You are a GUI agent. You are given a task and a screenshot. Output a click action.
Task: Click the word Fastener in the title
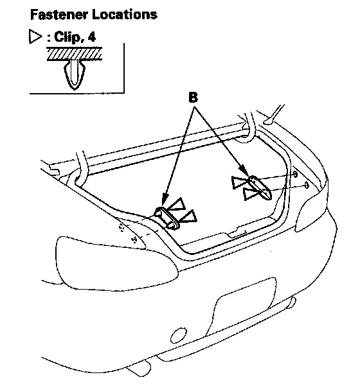(59, 14)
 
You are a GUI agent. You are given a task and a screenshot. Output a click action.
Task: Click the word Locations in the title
(125, 14)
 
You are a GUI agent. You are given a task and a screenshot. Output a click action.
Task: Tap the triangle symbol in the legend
(35, 37)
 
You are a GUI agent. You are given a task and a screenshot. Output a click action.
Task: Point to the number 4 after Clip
(91, 37)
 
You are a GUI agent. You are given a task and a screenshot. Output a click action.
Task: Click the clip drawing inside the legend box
(75, 74)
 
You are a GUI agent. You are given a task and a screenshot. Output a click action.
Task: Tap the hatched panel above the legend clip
(75, 54)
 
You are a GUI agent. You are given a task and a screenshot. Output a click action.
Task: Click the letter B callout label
(194, 98)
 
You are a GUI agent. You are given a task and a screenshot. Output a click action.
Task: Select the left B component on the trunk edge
(167, 218)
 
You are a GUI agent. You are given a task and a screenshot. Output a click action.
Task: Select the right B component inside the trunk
(260, 188)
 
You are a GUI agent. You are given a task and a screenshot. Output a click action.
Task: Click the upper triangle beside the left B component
(177, 204)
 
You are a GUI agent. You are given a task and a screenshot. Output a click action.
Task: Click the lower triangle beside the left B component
(188, 216)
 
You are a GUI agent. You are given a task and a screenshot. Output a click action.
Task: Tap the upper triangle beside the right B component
(239, 182)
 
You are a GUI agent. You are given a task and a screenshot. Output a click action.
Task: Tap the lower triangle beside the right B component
(251, 194)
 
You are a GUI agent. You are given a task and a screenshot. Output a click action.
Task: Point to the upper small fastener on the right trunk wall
(295, 175)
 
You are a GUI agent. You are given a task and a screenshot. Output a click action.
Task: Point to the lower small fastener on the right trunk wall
(307, 186)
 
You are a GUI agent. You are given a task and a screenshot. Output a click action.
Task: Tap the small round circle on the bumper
(179, 335)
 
